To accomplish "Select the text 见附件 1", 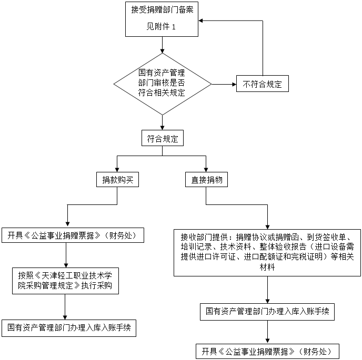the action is [x=161, y=27].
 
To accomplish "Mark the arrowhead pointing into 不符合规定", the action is [x=234, y=85].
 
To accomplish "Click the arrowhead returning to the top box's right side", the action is [x=200, y=20].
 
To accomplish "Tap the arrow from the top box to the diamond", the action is [x=162, y=45].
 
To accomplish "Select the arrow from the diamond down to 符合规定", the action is [x=162, y=122].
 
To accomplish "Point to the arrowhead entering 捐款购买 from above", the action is [x=117, y=170].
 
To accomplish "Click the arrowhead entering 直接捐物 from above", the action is [x=206, y=170].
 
